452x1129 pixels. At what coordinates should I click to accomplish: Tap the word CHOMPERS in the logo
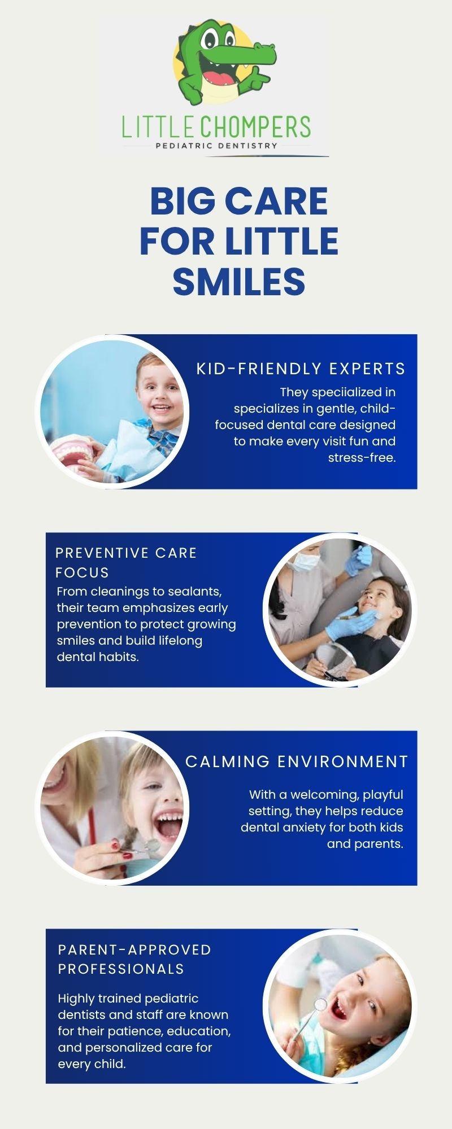(x=255, y=127)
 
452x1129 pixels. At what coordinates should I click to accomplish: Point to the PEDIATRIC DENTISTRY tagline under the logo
(x=216, y=145)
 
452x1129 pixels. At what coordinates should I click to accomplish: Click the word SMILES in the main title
(x=239, y=281)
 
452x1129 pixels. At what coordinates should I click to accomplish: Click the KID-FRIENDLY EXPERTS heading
(x=301, y=369)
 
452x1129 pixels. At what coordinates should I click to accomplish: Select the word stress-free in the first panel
(x=362, y=458)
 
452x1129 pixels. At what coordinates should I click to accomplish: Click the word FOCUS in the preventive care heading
(x=82, y=572)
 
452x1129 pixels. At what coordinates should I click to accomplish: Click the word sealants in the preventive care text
(x=197, y=592)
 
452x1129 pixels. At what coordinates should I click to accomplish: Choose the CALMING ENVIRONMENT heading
(x=297, y=762)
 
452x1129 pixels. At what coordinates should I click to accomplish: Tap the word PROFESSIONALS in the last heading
(x=121, y=969)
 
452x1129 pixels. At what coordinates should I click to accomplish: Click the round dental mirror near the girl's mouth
(x=320, y=1004)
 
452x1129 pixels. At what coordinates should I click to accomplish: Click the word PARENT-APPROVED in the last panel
(x=134, y=949)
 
